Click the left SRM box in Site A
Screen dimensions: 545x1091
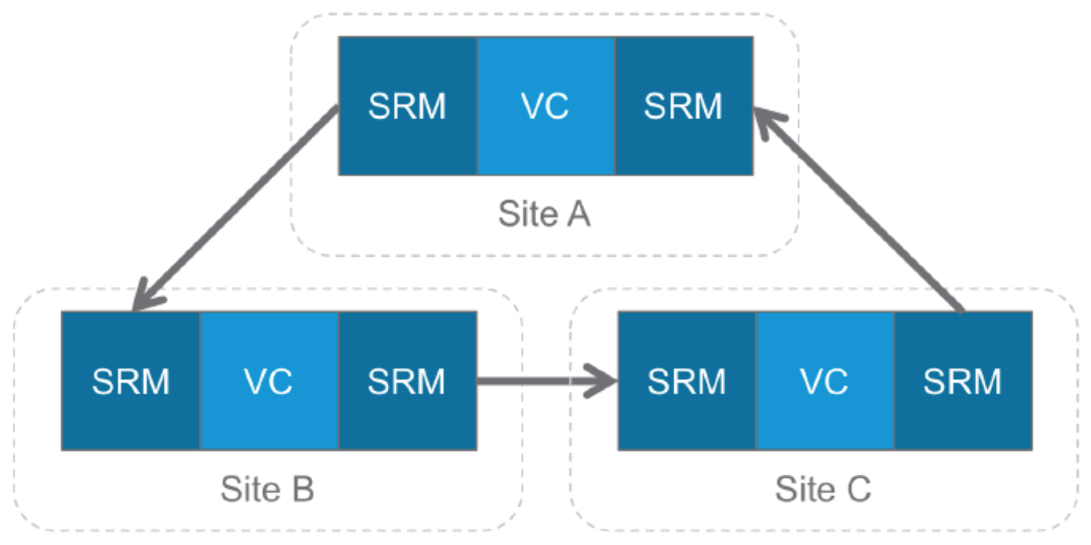coord(408,106)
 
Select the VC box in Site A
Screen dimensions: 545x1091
coord(545,106)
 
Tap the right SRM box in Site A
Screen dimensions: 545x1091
coord(683,106)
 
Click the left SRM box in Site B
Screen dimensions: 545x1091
coord(130,381)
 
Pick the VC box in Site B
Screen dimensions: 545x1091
coord(269,381)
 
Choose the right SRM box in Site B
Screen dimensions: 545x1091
coord(407,381)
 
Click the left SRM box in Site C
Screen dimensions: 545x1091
coord(686,381)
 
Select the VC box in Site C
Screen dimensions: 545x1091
coord(825,381)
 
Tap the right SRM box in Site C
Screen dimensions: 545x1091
coord(963,381)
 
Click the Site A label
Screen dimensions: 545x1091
coord(544,214)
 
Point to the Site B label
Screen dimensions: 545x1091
coord(267,490)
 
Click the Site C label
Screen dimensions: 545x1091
coord(823,490)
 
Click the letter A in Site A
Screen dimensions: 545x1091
coord(578,214)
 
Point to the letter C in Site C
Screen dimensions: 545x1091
coord(858,490)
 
